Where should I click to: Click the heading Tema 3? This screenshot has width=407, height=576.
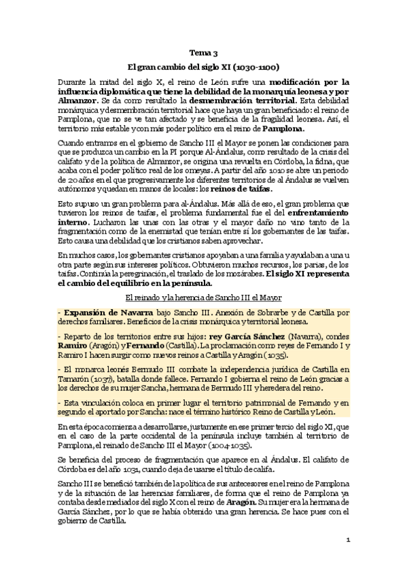point(203,52)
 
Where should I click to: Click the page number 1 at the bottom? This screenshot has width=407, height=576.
point(347,541)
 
